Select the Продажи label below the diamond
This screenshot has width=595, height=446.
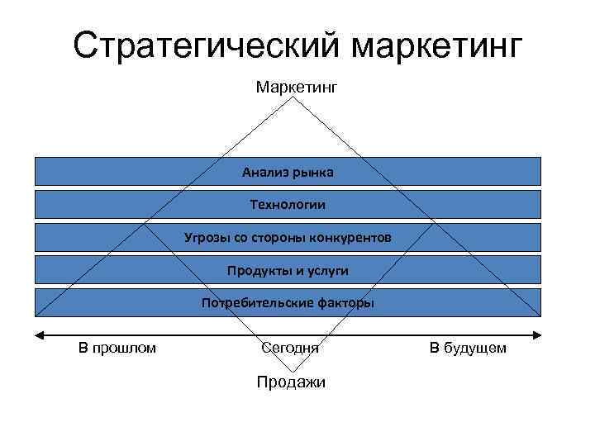click(291, 382)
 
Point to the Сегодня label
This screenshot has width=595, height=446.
click(289, 349)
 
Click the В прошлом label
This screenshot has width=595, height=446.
click(117, 349)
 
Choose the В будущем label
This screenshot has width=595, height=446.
click(468, 349)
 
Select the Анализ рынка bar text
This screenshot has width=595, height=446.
click(288, 172)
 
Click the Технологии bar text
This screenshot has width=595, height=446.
click(288, 205)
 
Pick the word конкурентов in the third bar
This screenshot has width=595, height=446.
click(350, 238)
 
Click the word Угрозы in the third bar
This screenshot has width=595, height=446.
click(207, 238)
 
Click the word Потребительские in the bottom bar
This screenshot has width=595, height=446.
click(257, 303)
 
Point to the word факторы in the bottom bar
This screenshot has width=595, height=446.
click(345, 303)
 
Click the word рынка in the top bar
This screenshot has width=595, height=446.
click(314, 172)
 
